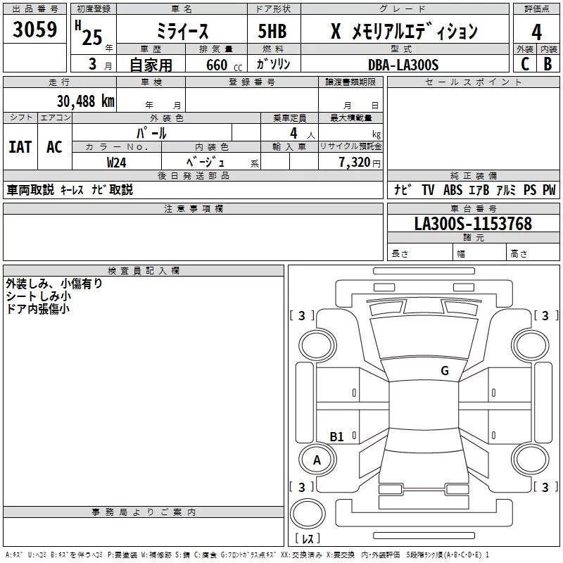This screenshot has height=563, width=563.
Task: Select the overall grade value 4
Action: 537,32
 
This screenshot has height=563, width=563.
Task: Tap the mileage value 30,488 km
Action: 85,101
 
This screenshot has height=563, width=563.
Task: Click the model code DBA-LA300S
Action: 403,65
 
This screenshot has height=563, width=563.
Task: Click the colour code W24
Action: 117,162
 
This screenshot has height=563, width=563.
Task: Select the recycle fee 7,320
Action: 350,162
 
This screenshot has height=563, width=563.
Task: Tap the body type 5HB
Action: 272,32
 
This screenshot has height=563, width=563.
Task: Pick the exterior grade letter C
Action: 525,64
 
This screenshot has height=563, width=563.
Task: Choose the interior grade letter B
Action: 548,64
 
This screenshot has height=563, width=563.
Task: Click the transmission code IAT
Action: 20,147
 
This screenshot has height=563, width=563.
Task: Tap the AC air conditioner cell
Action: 54,147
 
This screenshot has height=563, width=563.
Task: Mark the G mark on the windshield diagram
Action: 444,371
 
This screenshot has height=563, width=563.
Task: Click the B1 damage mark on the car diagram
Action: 337,437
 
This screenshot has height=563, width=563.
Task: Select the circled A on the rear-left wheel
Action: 317,460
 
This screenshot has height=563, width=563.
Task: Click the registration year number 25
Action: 91,37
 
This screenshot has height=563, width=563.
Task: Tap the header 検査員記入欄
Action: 144,270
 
